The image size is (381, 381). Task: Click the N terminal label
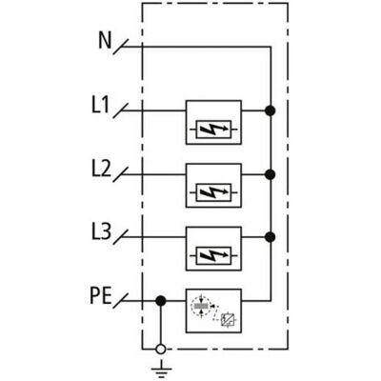105,41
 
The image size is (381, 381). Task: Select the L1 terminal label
101,106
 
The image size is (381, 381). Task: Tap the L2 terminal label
102,169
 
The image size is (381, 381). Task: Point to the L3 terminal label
102,232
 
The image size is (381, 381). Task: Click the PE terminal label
101,296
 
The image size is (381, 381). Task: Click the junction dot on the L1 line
271,110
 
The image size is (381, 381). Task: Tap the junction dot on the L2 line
271,174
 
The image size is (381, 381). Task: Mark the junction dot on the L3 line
271,237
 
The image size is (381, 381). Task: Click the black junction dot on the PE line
161,301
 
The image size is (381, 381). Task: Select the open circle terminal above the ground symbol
161,349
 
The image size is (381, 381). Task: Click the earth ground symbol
161,370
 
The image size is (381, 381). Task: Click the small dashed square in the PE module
228,320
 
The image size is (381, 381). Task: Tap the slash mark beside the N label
121,47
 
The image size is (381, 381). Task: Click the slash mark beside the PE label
121,301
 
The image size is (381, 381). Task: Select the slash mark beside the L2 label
121,174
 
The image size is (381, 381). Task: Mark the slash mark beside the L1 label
121,110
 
